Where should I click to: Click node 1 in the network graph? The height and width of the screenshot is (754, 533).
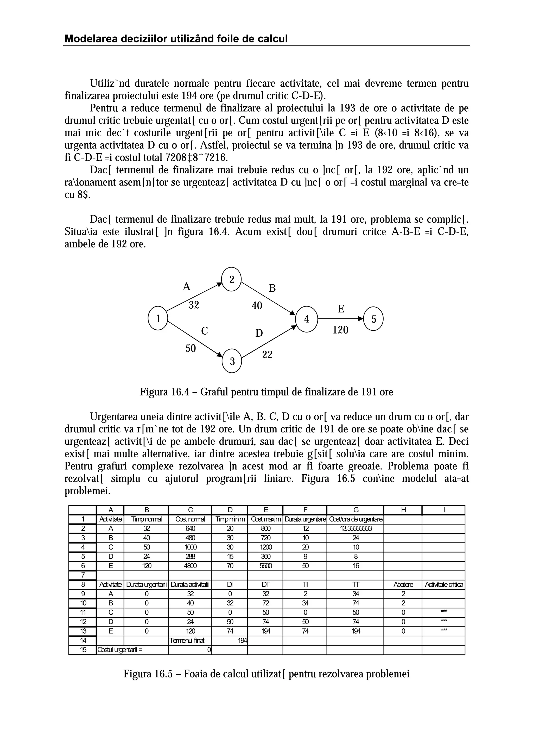point(158,318)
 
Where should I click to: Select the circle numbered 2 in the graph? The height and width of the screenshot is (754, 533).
point(232,279)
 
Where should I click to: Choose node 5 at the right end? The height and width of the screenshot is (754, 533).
point(374,319)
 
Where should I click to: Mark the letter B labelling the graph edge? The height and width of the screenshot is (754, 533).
point(272,288)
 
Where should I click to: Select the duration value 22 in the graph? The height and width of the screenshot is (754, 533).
point(267,355)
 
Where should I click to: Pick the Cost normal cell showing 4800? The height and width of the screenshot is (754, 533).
point(190,566)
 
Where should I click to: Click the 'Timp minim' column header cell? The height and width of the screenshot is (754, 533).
point(230,520)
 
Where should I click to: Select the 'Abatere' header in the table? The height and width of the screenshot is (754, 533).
point(403,585)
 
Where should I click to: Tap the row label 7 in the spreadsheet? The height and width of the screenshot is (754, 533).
point(83,575)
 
